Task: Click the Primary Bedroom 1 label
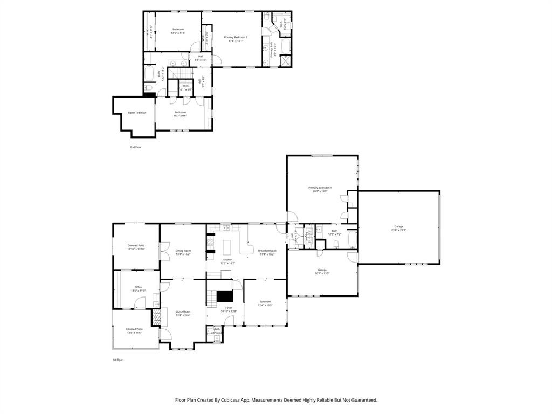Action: pos(320,188)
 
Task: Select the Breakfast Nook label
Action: pos(267,251)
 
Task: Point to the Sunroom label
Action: pos(265,302)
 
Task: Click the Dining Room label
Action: pos(183,251)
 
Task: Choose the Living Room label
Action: pos(183,312)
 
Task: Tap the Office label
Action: pos(138,287)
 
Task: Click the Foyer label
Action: pos(229,308)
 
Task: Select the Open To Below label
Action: pos(137,113)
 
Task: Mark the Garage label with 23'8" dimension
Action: pos(398,226)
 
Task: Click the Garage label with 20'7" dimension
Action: pos(322,270)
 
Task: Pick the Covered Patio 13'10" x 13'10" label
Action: pos(136,245)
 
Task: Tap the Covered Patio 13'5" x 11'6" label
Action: pos(134,329)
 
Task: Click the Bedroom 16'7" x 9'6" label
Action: pos(180,112)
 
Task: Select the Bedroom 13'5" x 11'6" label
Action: pos(178,29)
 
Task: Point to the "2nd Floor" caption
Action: pos(136,147)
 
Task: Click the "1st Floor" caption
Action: pos(118,360)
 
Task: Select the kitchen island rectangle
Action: pos(227,247)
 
